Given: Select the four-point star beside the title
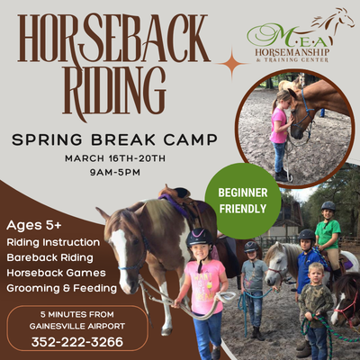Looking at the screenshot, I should [233, 64].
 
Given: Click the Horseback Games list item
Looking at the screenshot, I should [56, 273].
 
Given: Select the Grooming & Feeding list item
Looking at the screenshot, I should [60, 288].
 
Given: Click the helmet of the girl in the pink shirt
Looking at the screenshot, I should [199, 238].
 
